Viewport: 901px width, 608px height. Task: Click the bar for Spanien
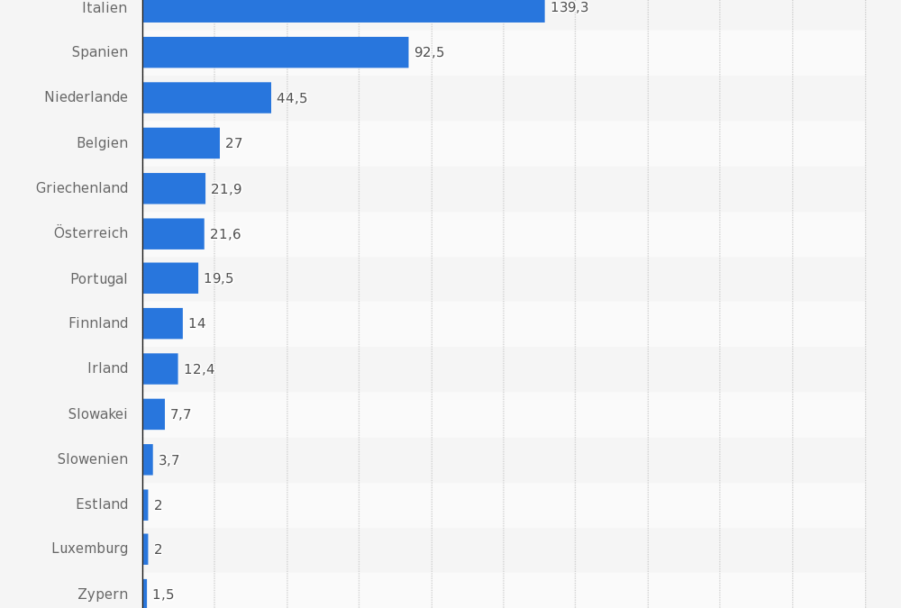[x=275, y=52]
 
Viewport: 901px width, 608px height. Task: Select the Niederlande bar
[x=206, y=97]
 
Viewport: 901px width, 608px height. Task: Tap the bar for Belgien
[x=181, y=142]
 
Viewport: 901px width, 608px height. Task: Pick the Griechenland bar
[x=174, y=188]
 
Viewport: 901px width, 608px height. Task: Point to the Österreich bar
[x=173, y=233]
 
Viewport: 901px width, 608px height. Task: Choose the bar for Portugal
[x=170, y=278]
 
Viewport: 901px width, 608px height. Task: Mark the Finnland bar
[x=162, y=323]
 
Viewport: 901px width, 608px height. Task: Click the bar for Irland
[x=160, y=368]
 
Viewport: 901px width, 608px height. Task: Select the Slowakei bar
[x=153, y=414]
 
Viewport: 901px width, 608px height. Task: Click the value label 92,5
[x=429, y=53]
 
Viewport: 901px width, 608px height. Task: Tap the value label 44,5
[x=292, y=98]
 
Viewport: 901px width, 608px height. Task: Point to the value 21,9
[x=226, y=189]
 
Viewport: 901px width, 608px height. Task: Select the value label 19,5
[x=218, y=279]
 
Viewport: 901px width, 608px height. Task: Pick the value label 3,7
[x=169, y=460]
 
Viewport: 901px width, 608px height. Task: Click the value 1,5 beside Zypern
[x=163, y=595]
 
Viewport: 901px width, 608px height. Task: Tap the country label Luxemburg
[x=89, y=549]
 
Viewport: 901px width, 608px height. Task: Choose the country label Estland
[x=102, y=504]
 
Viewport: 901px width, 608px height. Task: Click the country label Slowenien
[x=93, y=459]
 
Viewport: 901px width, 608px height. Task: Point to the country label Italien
[x=105, y=8]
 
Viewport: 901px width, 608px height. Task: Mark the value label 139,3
[x=569, y=8]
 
